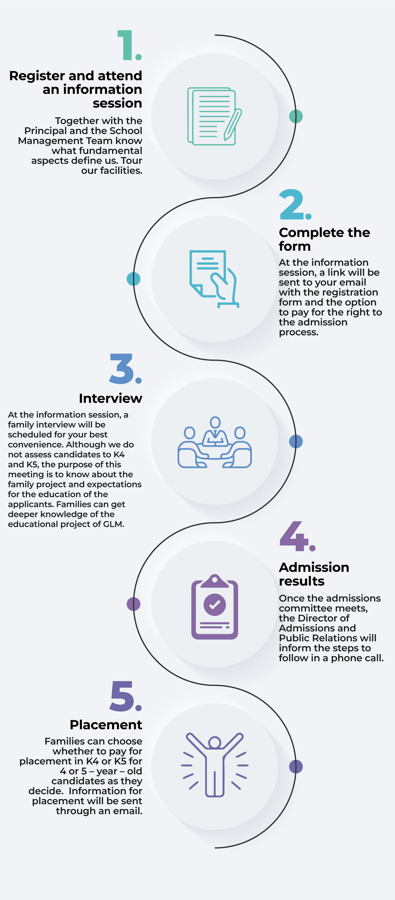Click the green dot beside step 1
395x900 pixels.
[x=296, y=116]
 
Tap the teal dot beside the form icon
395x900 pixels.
[x=133, y=279]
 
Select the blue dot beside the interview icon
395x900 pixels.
[x=296, y=442]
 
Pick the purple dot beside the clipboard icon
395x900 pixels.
[x=133, y=604]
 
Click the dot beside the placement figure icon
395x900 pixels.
[x=296, y=767]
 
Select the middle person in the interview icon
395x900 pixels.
[x=215, y=431]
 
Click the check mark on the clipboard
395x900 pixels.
[x=215, y=604]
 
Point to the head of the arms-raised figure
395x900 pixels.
[x=215, y=742]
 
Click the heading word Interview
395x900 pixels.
[x=110, y=398]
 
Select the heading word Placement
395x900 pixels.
[x=106, y=725]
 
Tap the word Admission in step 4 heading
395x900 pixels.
[x=314, y=567]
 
